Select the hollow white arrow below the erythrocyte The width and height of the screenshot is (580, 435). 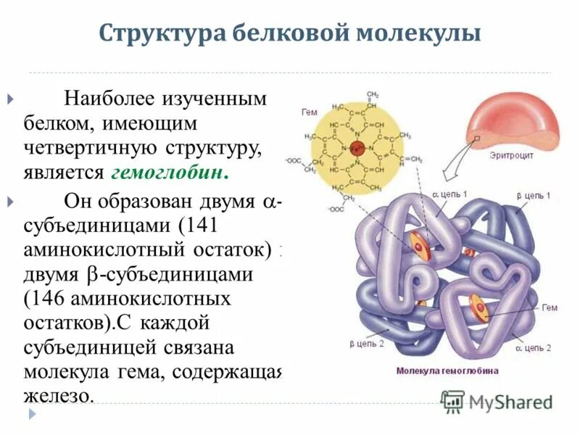(x=457, y=163)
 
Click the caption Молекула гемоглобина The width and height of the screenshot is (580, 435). (x=447, y=370)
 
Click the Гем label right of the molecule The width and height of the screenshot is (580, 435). (x=550, y=307)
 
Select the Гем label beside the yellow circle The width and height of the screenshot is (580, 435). (x=309, y=112)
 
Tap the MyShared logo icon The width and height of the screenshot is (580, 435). (x=452, y=401)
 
